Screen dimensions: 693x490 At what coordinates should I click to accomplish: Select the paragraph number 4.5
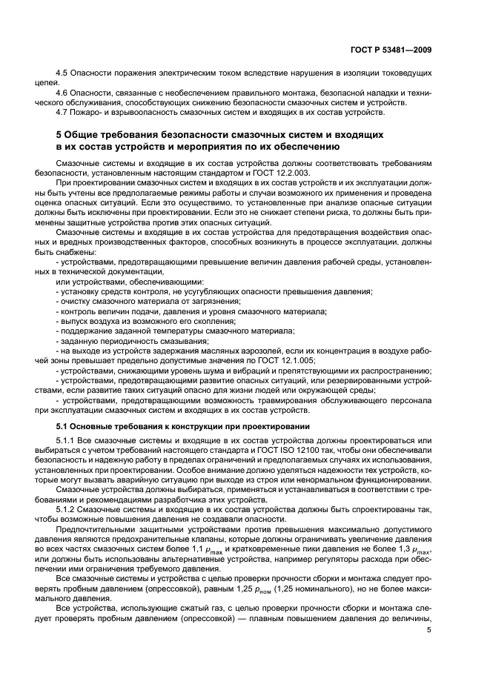pos(63,76)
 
